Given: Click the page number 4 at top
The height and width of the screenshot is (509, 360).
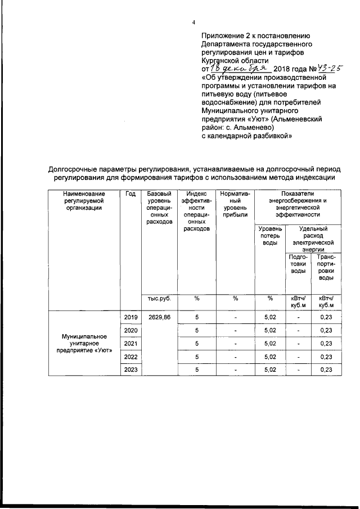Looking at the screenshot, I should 193,22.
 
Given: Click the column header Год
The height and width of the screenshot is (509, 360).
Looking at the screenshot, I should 130,194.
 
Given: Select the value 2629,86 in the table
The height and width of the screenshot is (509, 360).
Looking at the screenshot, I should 159,318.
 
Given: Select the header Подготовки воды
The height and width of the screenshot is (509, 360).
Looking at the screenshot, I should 298,264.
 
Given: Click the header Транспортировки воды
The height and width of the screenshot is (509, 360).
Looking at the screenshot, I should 326,267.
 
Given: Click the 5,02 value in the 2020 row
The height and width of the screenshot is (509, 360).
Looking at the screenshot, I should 270,331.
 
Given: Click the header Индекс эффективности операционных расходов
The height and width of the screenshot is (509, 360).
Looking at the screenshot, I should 197,211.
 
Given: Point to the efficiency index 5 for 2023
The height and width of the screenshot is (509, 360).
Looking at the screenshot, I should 197,369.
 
